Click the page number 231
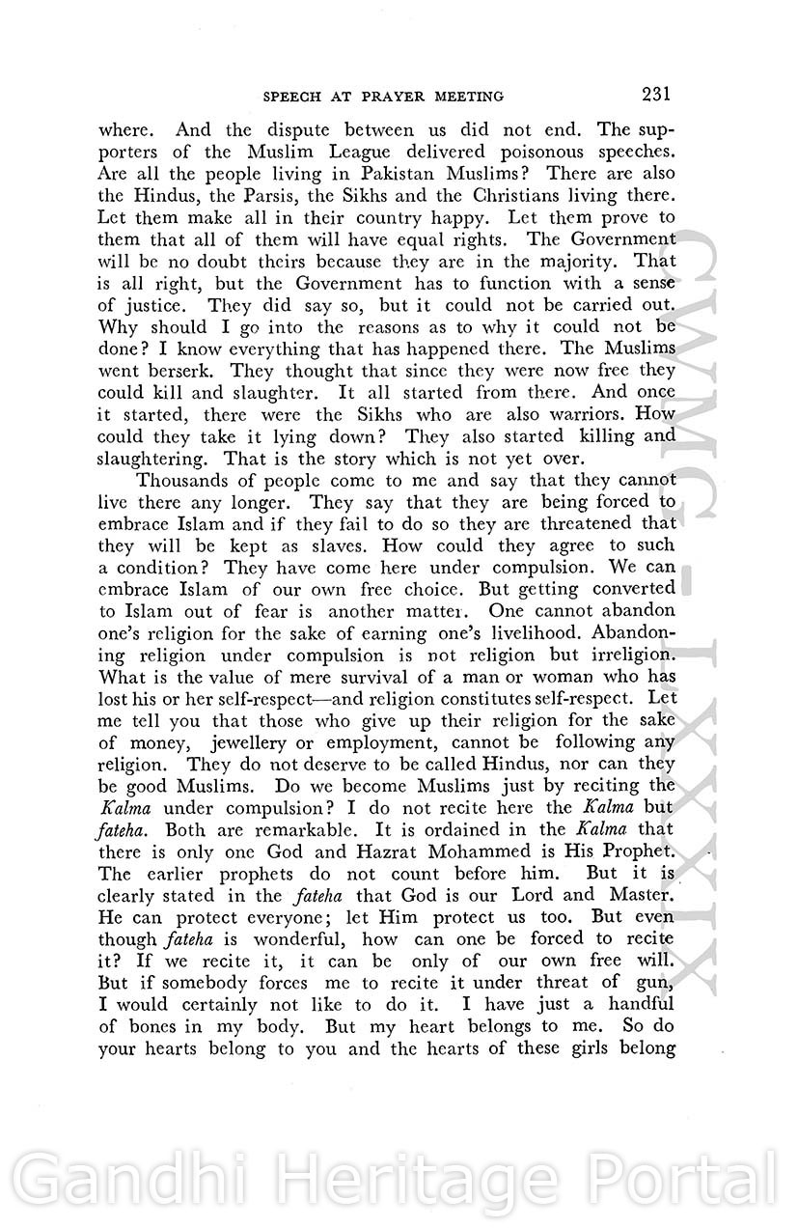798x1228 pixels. point(653,94)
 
